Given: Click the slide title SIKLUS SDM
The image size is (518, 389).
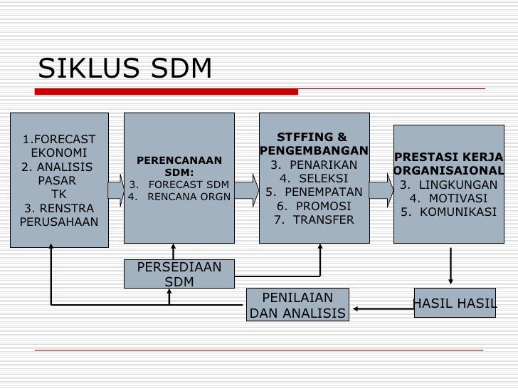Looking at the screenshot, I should tap(125, 68).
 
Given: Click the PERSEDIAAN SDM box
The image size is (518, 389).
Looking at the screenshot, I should tap(179, 274).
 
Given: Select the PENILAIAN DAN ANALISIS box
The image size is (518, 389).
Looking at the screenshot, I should tap(297, 306).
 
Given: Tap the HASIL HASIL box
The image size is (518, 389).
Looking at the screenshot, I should tap(454, 304).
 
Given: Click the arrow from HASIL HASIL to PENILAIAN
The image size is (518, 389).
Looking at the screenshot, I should tap(382, 309).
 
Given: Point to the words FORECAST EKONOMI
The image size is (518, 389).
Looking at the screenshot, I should tap(59, 145).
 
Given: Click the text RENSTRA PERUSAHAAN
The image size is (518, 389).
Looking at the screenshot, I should tap(60, 215).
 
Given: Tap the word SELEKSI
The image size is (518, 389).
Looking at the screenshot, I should tap(313, 178).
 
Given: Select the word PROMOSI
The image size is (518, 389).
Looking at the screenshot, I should tap(314, 206).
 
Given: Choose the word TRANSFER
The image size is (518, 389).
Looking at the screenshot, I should tap(314, 219).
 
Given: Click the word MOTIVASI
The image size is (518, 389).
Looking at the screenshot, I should tap(448, 198).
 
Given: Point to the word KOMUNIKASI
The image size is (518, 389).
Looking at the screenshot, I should tap(448, 212).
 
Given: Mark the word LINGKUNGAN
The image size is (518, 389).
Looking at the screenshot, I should tap(448, 185).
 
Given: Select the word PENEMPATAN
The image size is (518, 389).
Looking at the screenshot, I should tap(314, 192).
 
